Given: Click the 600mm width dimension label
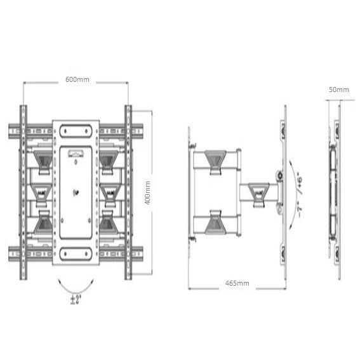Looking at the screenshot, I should click(x=77, y=79).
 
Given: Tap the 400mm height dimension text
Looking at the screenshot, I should click(x=147, y=192).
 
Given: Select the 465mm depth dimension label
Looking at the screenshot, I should click(x=236, y=283).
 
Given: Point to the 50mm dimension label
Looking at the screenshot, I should click(x=338, y=90).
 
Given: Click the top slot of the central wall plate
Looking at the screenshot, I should click(x=76, y=131).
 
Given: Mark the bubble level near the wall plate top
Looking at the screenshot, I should click(x=76, y=153).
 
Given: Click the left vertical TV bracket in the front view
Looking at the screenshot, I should click(x=24, y=192).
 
